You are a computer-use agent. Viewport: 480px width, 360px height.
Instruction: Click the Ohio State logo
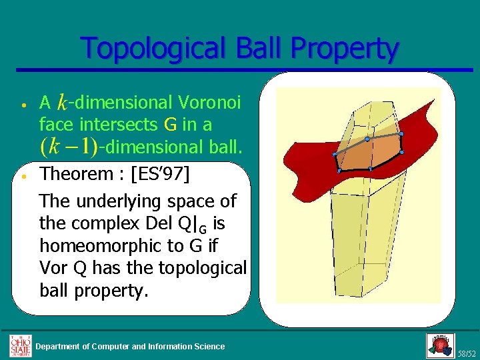point(19,345)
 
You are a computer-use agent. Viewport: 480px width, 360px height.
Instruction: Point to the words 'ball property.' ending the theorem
point(93,291)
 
